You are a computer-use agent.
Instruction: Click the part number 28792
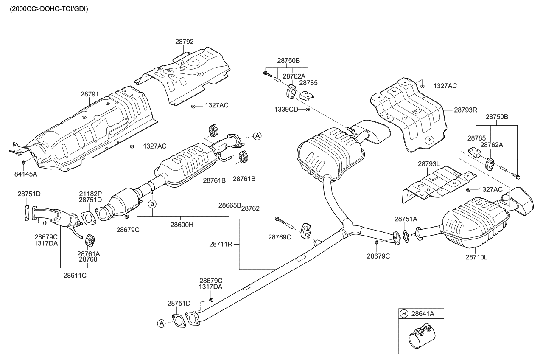[x=184, y=42]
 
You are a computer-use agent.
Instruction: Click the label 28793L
[x=429, y=163]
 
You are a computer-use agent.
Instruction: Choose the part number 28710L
[x=476, y=257]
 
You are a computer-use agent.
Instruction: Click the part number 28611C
[x=75, y=276]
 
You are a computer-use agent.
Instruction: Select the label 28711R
[x=221, y=244]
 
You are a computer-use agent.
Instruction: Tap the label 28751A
[x=406, y=219]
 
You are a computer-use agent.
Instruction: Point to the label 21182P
[x=90, y=194]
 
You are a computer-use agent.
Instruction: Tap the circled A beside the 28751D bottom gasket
[x=161, y=323]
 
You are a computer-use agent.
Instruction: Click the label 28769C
[x=279, y=237]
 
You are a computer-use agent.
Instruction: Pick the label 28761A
[x=88, y=253]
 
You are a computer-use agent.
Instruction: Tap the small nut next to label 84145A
[x=23, y=163]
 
